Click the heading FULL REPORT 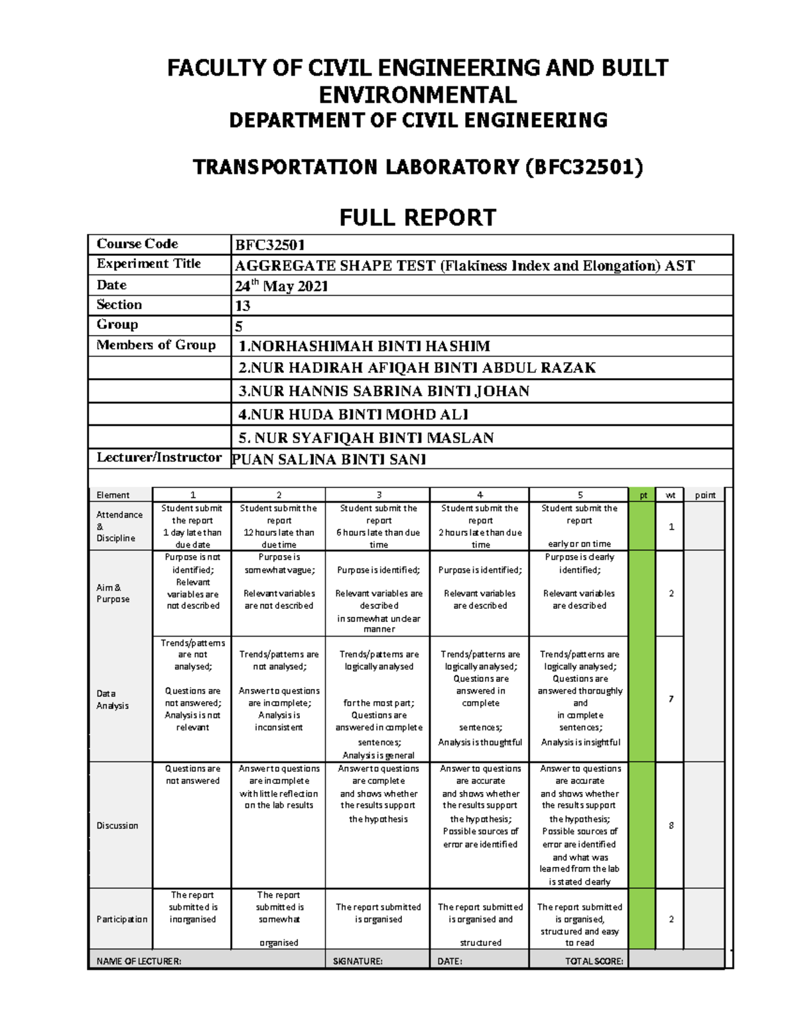tap(417, 218)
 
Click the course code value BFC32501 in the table tap(270, 245)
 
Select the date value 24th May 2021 tap(281, 286)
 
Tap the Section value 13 tap(243, 306)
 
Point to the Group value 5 tap(239, 326)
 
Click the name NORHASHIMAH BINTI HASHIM tap(364, 346)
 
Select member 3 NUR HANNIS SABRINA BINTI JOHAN tap(383, 391)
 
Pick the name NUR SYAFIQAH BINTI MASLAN tap(366, 438)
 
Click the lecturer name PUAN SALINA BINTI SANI tap(329, 460)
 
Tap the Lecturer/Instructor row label tap(159, 458)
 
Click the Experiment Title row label tap(149, 264)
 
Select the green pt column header tap(643, 495)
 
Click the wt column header tap(670, 495)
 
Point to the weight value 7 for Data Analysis tap(671, 699)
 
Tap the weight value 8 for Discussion tap(671, 826)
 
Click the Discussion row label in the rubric tap(117, 826)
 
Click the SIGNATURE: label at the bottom tap(358, 961)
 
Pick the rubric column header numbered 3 tap(379, 495)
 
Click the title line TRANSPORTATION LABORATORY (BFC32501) tap(417, 167)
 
